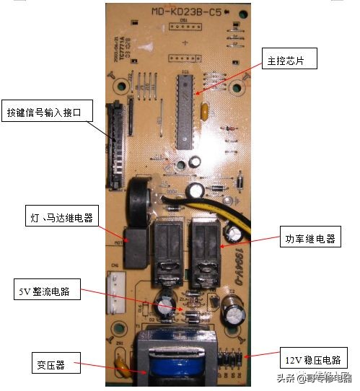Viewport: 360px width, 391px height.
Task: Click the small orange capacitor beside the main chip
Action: (206, 112)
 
